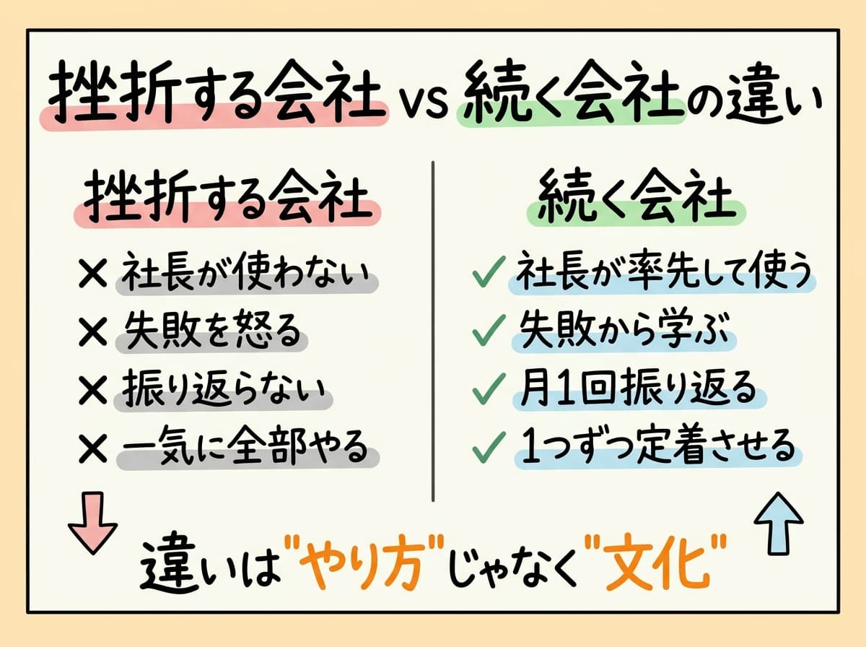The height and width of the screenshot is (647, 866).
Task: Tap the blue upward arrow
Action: click(777, 521)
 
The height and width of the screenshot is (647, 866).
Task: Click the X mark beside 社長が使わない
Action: click(95, 274)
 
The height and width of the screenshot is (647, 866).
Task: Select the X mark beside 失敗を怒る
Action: click(95, 332)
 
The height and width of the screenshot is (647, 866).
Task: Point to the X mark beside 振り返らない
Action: click(95, 391)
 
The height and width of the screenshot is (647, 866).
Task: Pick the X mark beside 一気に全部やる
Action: click(95, 449)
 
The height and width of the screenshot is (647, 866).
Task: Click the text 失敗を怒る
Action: click(209, 332)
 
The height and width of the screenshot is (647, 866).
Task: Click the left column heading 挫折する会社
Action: click(226, 197)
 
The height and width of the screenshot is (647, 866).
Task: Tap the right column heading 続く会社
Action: click(631, 197)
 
